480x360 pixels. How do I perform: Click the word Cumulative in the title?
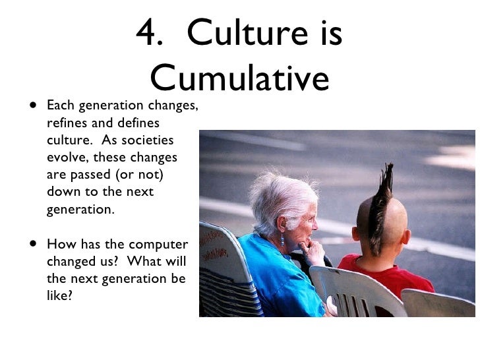(x=239, y=78)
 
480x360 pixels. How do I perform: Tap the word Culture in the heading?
(x=249, y=33)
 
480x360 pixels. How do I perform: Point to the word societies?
(x=150, y=140)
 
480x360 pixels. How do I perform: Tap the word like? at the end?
(x=59, y=295)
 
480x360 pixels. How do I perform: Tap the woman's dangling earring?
(x=282, y=241)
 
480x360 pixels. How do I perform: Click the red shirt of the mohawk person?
(x=389, y=270)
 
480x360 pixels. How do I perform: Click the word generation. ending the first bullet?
(x=80, y=209)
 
